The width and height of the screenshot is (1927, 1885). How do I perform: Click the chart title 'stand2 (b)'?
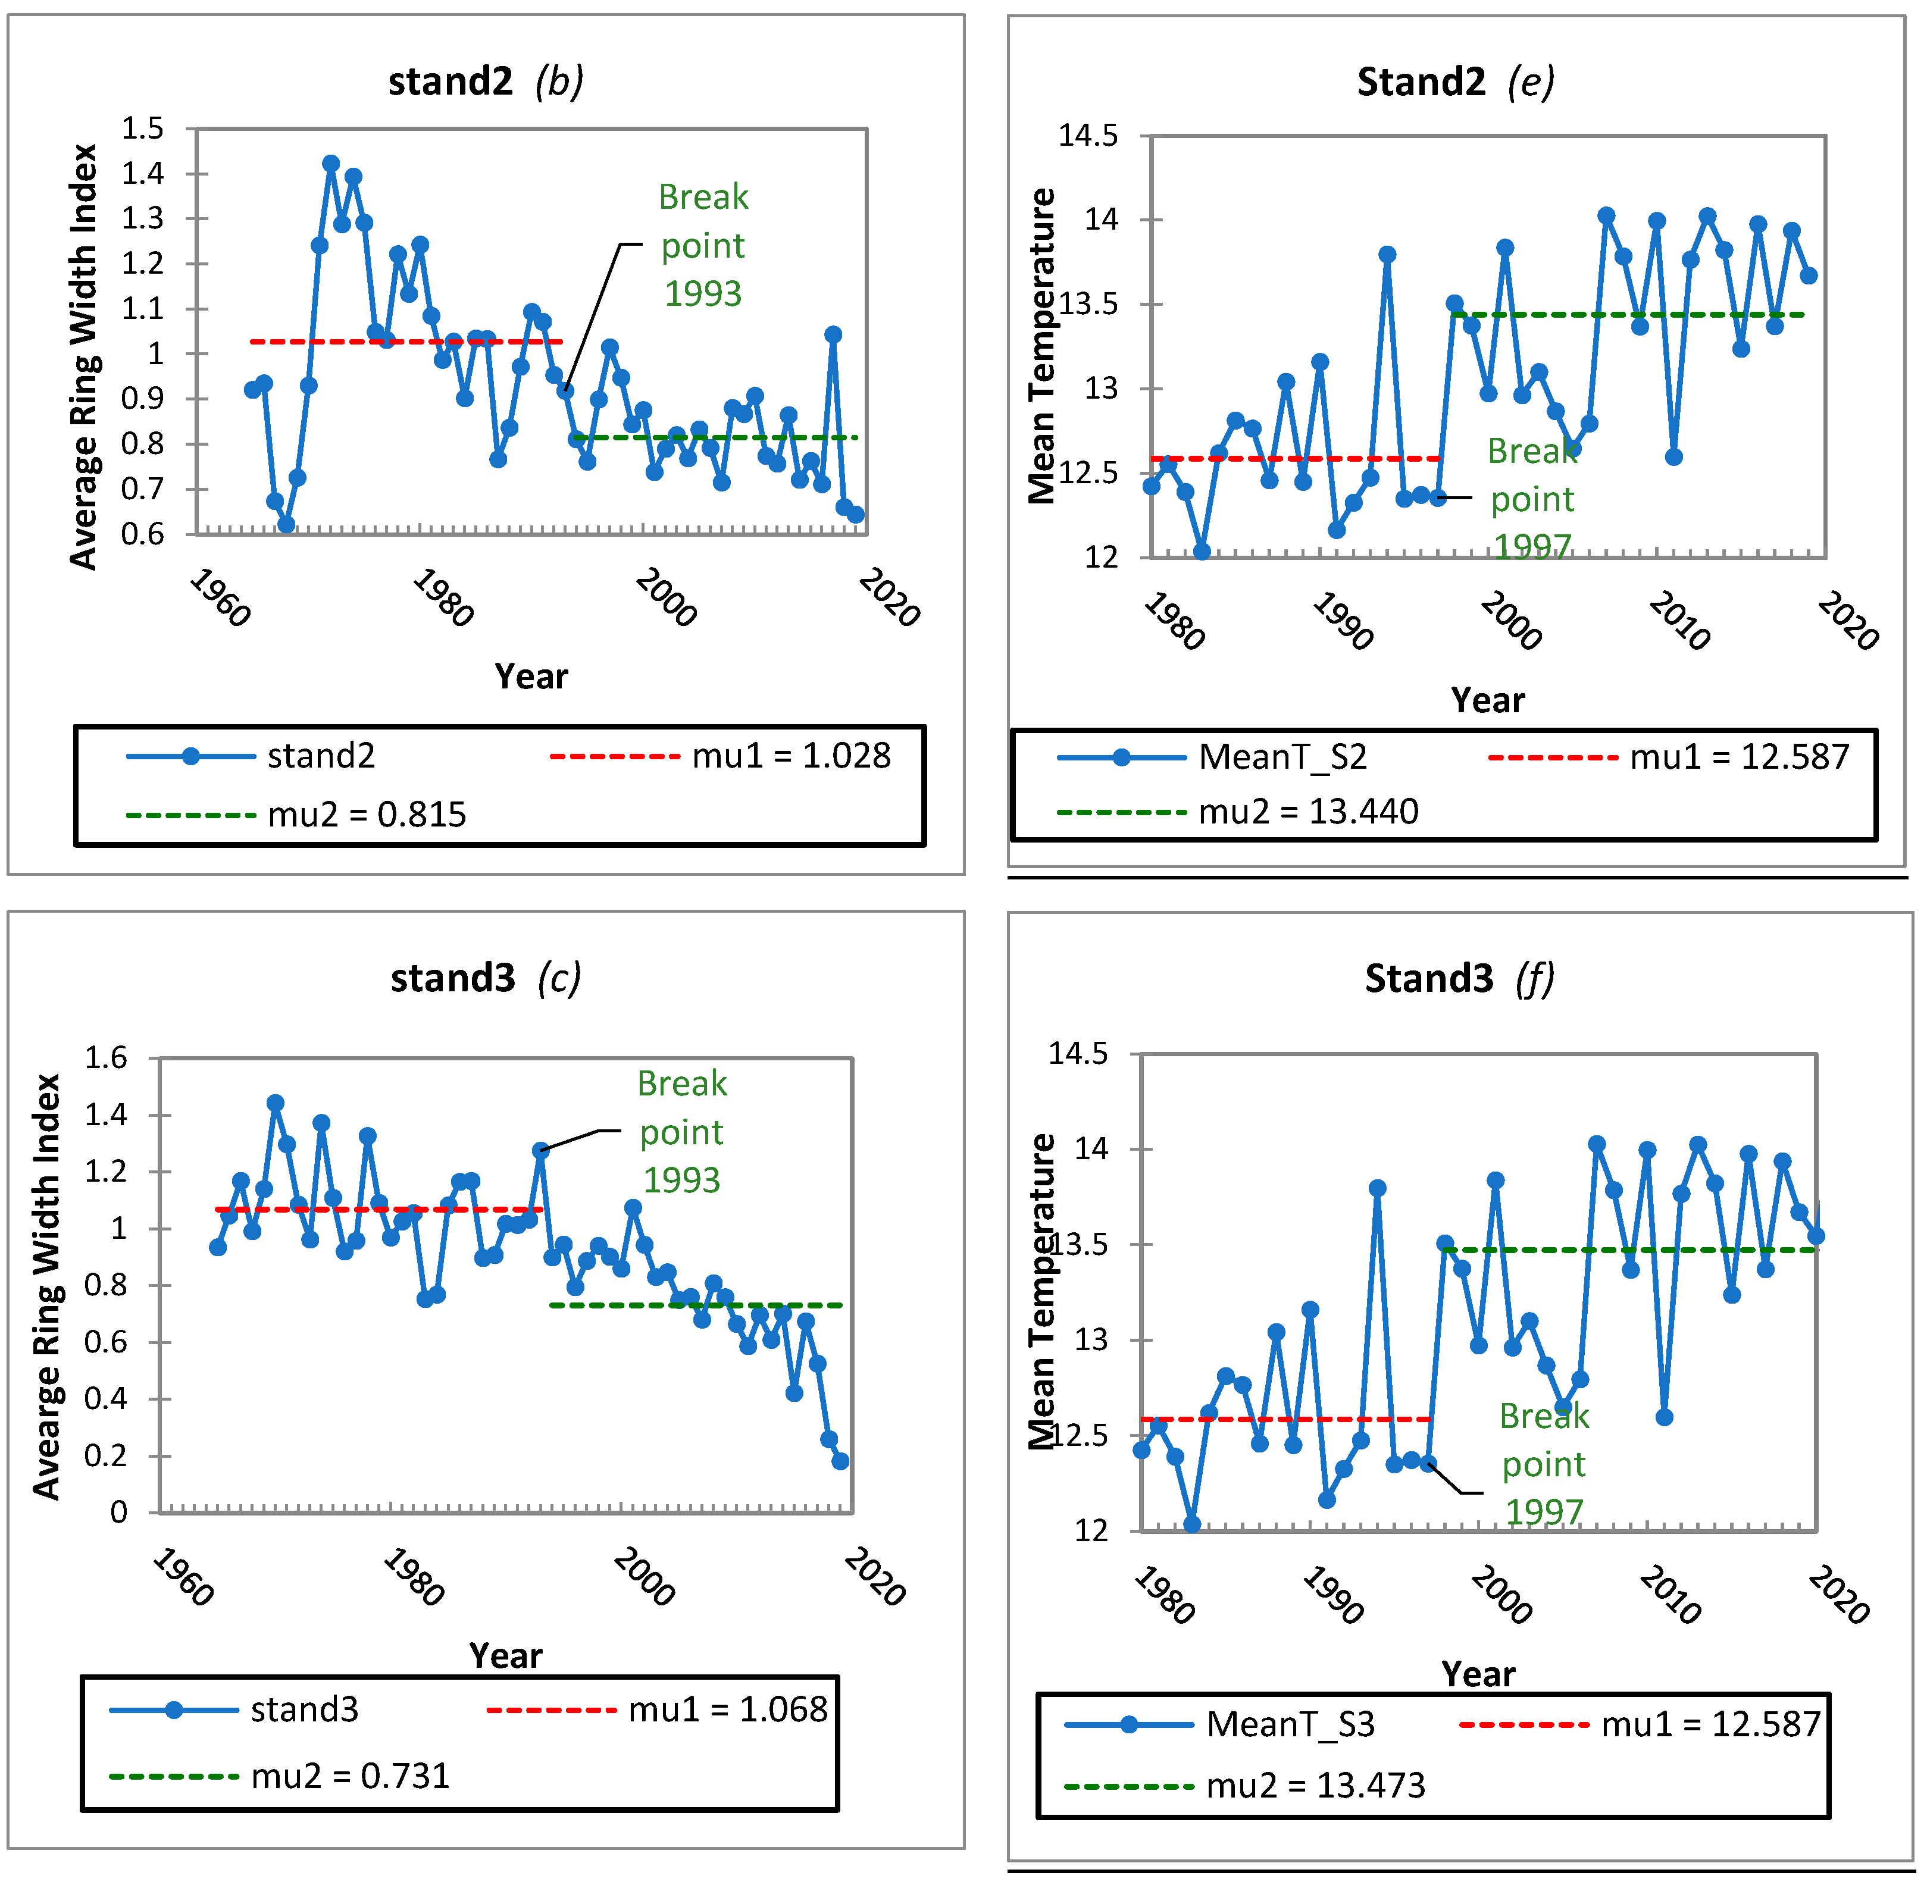point(484,81)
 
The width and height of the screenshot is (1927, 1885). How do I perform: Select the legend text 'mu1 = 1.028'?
point(790,756)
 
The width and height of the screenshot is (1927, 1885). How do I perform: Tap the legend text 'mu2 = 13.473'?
point(1315,1785)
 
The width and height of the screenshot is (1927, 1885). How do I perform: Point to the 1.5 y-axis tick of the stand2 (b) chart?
point(142,129)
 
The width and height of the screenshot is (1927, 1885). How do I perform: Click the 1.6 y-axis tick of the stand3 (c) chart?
point(106,1057)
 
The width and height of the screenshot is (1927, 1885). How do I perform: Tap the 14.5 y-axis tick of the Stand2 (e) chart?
point(1087,136)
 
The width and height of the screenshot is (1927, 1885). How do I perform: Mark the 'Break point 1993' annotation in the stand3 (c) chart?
point(681,1132)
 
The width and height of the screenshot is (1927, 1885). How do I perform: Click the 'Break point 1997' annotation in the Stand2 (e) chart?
point(1532,499)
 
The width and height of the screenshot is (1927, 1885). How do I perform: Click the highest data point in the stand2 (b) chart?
point(331,164)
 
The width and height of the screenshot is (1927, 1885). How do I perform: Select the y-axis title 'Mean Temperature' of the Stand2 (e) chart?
point(1041,346)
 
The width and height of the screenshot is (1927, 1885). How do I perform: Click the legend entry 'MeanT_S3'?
point(1290,1724)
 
